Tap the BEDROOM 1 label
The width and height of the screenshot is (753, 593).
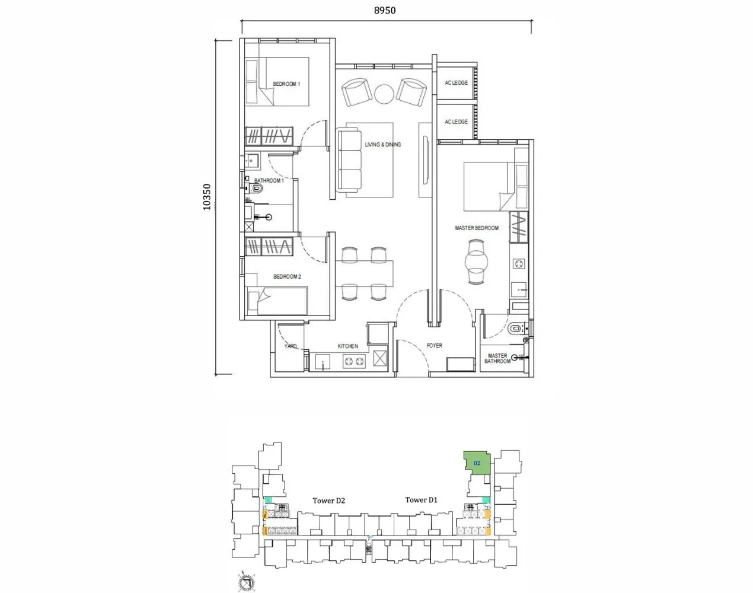click(286, 84)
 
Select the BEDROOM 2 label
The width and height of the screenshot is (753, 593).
click(287, 277)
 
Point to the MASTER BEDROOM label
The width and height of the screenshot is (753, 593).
click(476, 228)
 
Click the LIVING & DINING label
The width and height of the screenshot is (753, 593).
click(382, 145)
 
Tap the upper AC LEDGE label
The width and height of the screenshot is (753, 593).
click(456, 83)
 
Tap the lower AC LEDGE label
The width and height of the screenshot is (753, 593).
click(456, 122)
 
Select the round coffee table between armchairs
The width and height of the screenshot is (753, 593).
click(384, 94)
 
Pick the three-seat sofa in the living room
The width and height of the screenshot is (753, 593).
click(350, 161)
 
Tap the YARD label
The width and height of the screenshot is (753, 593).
click(291, 346)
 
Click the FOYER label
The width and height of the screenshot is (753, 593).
click(434, 346)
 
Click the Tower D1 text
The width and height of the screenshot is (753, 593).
click(421, 500)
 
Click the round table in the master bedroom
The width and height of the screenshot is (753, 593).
click(477, 260)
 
